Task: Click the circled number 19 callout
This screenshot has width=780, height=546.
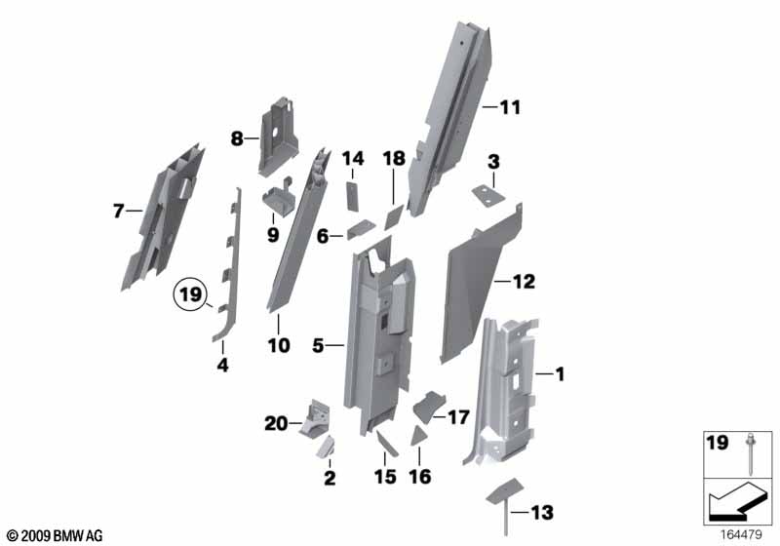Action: (190, 294)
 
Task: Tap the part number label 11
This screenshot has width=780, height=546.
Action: (510, 107)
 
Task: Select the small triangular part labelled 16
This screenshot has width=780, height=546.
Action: (419, 436)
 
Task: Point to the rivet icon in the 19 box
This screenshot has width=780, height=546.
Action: (750, 453)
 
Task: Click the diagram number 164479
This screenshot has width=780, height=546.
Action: (741, 534)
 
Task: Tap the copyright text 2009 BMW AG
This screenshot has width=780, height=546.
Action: (56, 535)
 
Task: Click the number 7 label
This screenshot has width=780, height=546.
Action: (118, 211)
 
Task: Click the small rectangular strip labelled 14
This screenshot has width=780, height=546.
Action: (352, 197)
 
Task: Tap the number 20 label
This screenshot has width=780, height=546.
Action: (276, 424)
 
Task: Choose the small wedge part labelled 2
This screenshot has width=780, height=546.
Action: (326, 447)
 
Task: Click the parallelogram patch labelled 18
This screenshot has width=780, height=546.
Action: (394, 218)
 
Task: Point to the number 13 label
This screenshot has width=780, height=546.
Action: (542, 512)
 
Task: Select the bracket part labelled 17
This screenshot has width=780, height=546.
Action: (429, 406)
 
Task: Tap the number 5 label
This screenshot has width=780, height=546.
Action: (318, 345)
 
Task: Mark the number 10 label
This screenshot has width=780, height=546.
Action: (279, 345)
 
